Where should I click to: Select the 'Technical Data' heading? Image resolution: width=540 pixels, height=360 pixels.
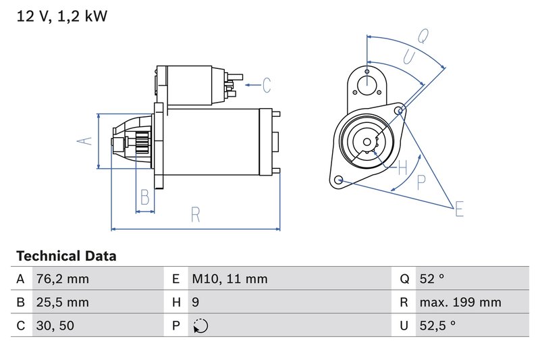click(66, 256)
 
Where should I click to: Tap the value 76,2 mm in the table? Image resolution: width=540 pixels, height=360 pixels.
click(62, 279)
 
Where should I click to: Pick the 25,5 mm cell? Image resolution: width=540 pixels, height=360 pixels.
click(62, 303)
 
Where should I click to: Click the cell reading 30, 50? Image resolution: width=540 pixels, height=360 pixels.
click(55, 326)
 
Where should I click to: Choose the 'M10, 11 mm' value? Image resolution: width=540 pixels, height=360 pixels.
click(230, 279)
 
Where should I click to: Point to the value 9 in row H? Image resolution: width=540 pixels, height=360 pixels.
click(196, 303)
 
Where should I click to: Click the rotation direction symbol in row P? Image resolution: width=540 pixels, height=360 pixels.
click(200, 326)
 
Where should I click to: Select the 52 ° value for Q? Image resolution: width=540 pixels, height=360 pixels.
click(433, 279)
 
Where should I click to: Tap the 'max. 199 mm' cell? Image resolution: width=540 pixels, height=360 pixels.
click(460, 303)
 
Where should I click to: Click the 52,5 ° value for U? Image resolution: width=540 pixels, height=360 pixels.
click(437, 326)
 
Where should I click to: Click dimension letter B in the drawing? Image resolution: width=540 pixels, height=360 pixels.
click(144, 197)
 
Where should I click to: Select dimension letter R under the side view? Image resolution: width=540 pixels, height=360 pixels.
click(195, 215)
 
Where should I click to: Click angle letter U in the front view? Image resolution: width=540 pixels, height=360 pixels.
click(408, 57)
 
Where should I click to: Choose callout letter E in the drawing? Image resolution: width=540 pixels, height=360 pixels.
click(459, 209)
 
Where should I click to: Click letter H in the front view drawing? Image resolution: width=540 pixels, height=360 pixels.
click(402, 166)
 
